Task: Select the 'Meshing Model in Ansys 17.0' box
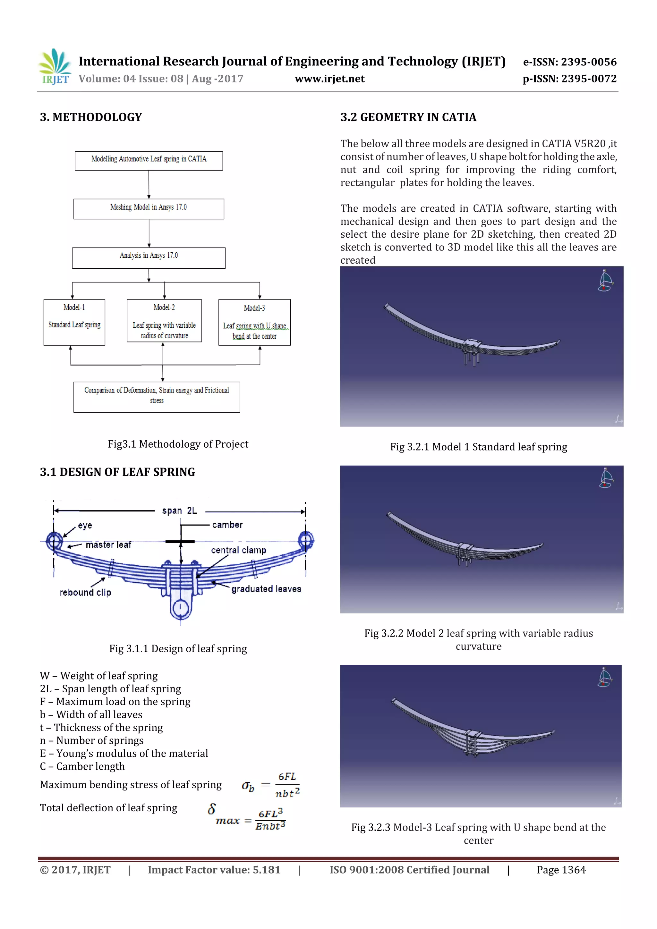(149, 209)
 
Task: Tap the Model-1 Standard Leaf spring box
(74, 322)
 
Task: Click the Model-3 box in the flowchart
(254, 322)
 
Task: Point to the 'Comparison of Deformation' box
(157, 397)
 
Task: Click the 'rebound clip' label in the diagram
(85, 592)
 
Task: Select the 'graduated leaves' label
(266, 589)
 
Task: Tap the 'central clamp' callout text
(238, 550)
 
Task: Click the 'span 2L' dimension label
(179, 511)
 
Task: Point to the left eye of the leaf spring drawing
(54, 541)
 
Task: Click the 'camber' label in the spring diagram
(227, 525)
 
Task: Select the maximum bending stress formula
(270, 785)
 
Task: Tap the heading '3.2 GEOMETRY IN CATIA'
(408, 117)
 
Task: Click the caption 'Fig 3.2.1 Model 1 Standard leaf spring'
(479, 447)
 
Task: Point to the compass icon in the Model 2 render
(606, 478)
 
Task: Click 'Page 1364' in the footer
(561, 870)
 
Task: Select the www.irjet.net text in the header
(329, 79)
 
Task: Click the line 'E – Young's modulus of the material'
(124, 753)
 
